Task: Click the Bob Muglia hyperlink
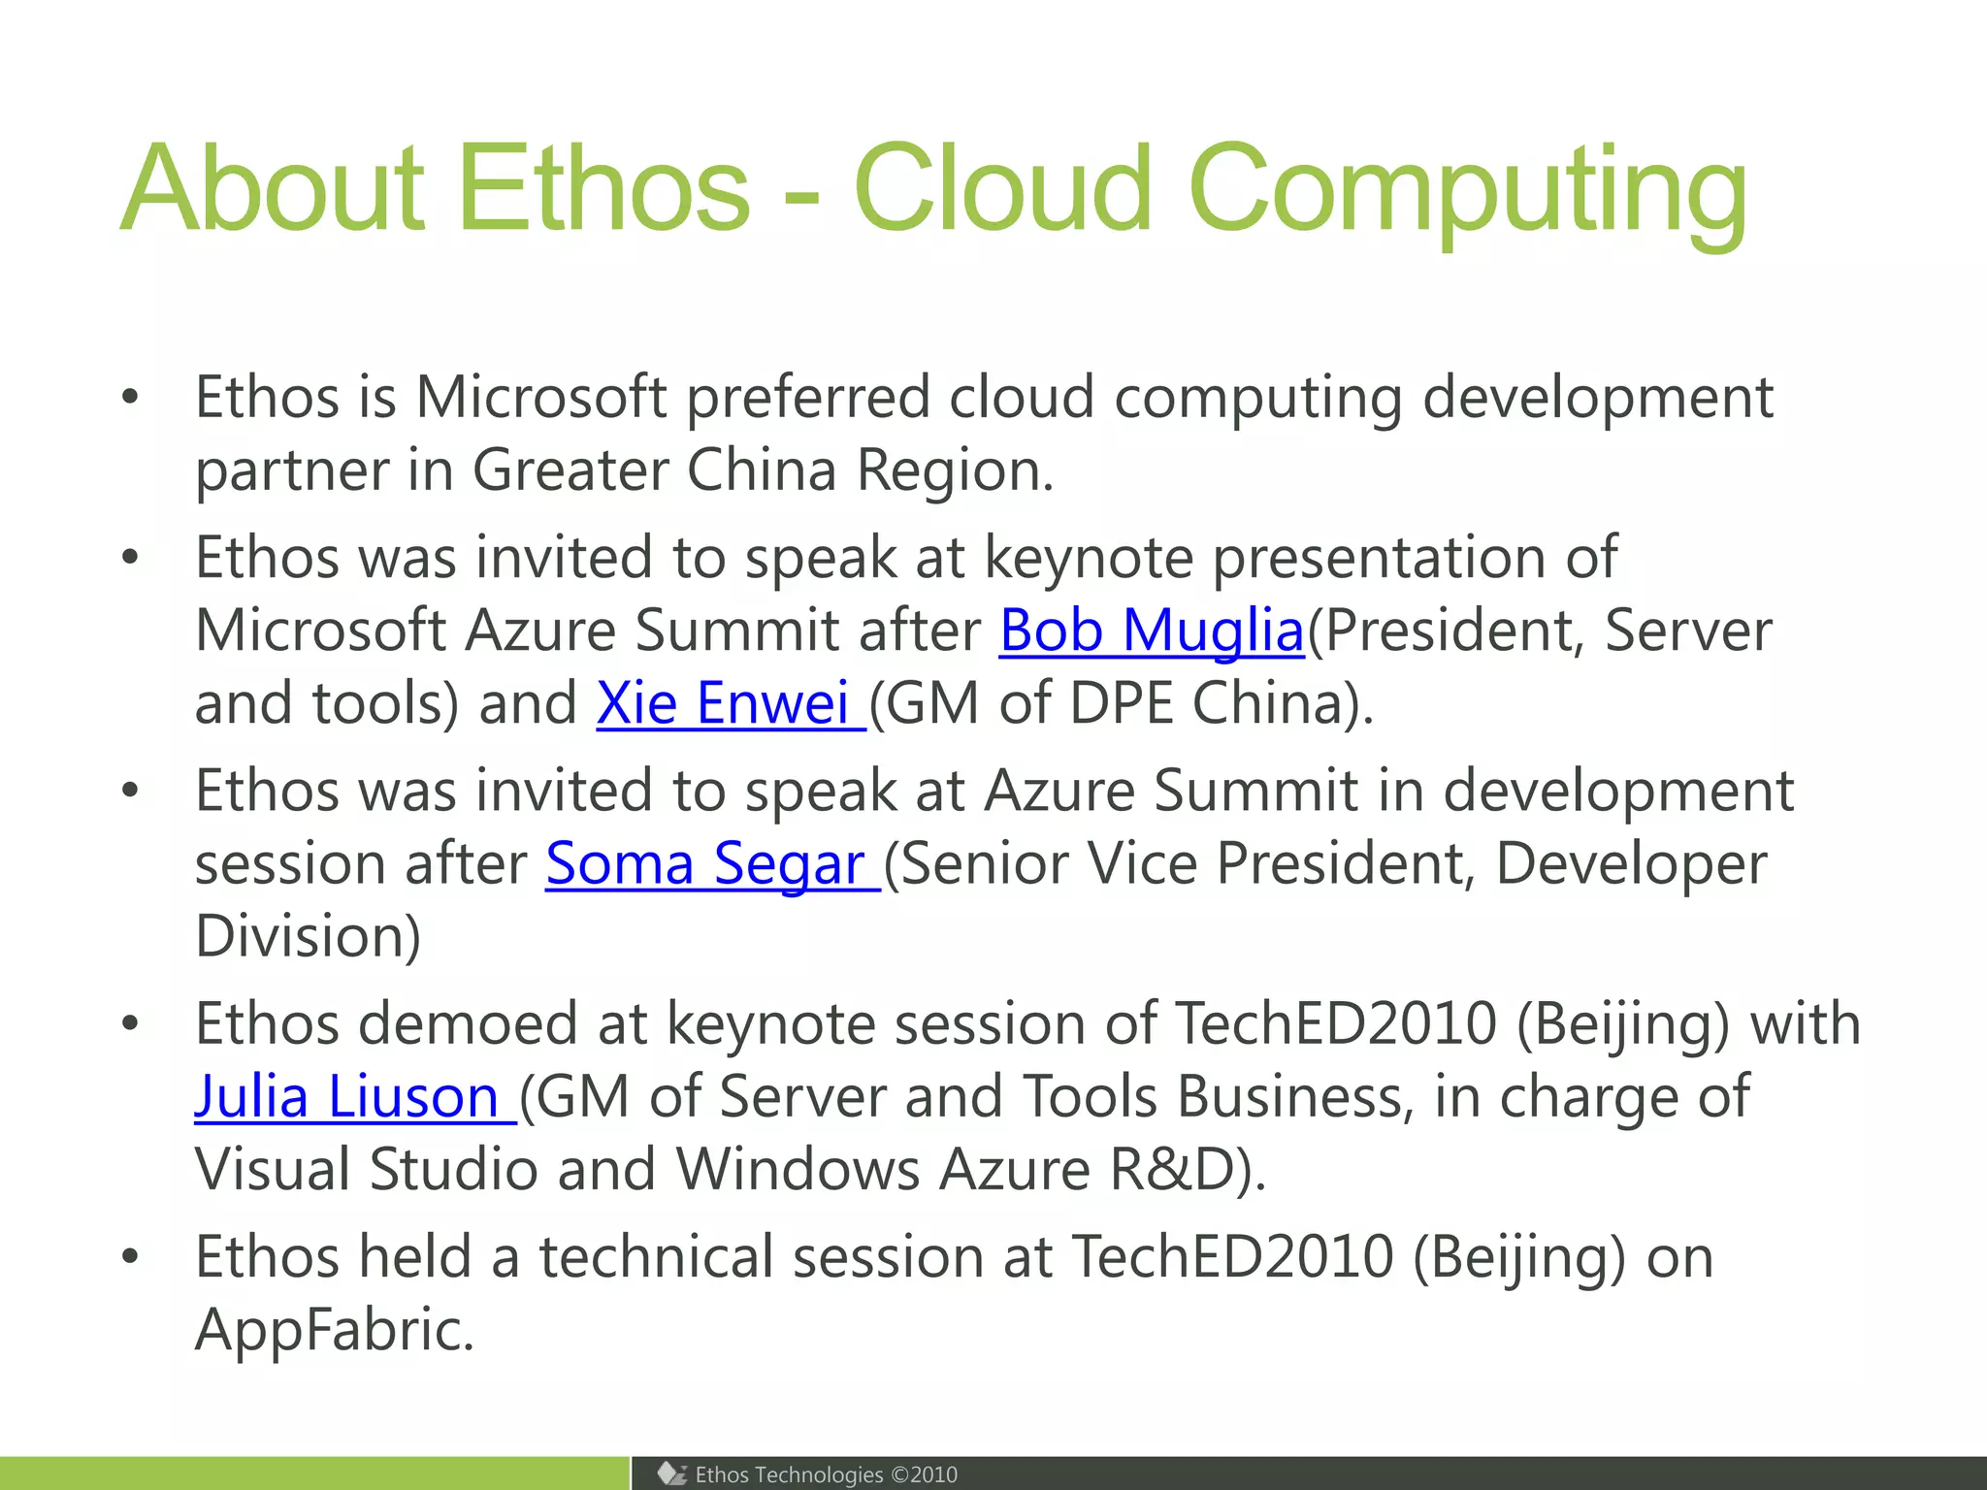click(x=1152, y=631)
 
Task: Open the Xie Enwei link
click(x=723, y=703)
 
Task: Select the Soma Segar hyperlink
click(x=704, y=863)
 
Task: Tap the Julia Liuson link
click(x=346, y=1097)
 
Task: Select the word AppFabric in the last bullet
click(x=334, y=1330)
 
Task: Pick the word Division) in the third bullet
click(x=308, y=936)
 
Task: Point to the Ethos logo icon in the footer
click(x=671, y=1474)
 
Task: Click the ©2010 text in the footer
click(x=924, y=1474)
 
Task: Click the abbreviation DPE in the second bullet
click(x=1121, y=703)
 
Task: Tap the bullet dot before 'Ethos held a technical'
click(x=131, y=1257)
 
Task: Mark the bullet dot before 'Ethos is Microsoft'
click(x=131, y=398)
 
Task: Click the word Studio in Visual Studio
click(x=453, y=1169)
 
